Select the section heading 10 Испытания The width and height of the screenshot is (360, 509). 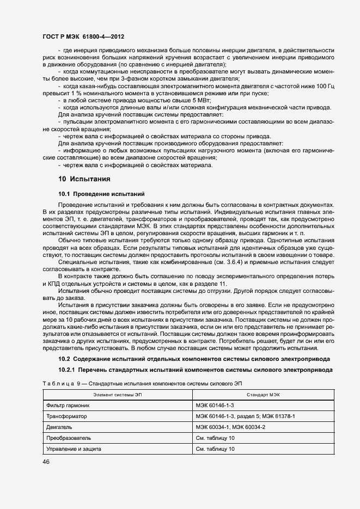coord(84,179)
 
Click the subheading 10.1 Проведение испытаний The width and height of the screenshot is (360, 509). coord(101,194)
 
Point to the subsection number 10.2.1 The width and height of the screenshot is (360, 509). coord(68,370)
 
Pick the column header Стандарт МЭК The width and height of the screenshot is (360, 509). coord(263,395)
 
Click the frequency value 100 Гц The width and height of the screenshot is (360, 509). coord(324,86)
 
